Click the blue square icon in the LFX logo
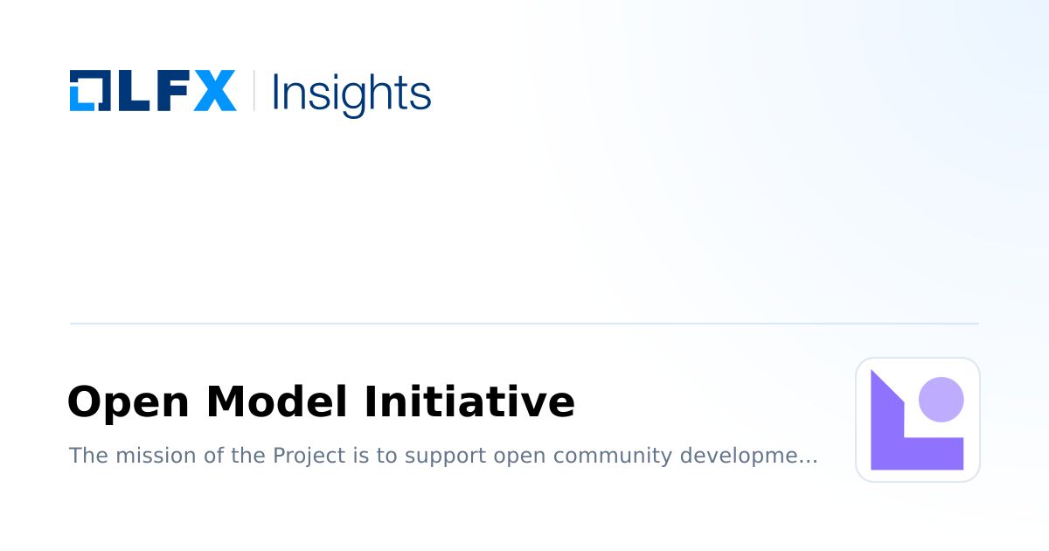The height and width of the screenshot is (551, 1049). tap(88, 90)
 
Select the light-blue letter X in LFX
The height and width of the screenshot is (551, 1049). tap(214, 91)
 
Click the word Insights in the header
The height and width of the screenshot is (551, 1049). tap(351, 93)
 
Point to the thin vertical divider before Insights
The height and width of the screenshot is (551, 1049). tap(254, 91)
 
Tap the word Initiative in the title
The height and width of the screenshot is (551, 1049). tap(469, 402)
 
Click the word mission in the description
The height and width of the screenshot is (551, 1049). tap(141, 456)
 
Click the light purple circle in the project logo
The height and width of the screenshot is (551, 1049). tap(941, 400)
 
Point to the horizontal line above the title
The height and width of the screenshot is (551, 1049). tap(524, 324)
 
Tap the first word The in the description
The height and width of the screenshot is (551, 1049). tap(85, 456)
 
